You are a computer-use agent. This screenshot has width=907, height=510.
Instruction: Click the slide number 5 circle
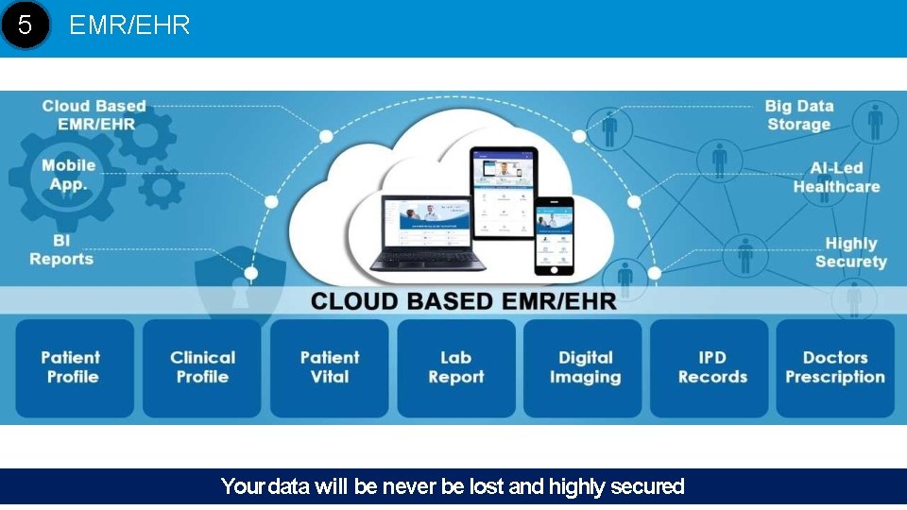[25, 25]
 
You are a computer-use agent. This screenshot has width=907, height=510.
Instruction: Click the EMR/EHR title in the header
[129, 25]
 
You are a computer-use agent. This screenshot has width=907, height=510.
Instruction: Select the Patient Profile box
[74, 367]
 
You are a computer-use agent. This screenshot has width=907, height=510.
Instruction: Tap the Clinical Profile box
[202, 367]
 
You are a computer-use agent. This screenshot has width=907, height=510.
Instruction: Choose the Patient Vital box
[330, 367]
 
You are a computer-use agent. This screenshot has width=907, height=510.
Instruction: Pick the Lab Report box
[456, 367]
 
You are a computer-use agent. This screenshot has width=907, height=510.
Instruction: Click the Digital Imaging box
[584, 367]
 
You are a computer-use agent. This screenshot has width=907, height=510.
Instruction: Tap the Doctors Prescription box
[835, 367]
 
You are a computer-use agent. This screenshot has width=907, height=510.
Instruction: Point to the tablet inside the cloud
[504, 193]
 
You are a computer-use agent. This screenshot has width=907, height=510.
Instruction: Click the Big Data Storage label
[798, 115]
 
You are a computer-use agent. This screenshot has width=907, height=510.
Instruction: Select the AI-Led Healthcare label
[836, 178]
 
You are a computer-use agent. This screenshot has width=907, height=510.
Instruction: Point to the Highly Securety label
[850, 252]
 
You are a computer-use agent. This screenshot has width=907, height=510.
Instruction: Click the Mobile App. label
[68, 175]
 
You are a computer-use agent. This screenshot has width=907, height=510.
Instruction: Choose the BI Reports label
[61, 249]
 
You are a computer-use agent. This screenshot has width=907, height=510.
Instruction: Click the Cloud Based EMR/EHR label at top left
[94, 115]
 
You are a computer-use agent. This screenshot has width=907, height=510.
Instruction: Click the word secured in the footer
[647, 487]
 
